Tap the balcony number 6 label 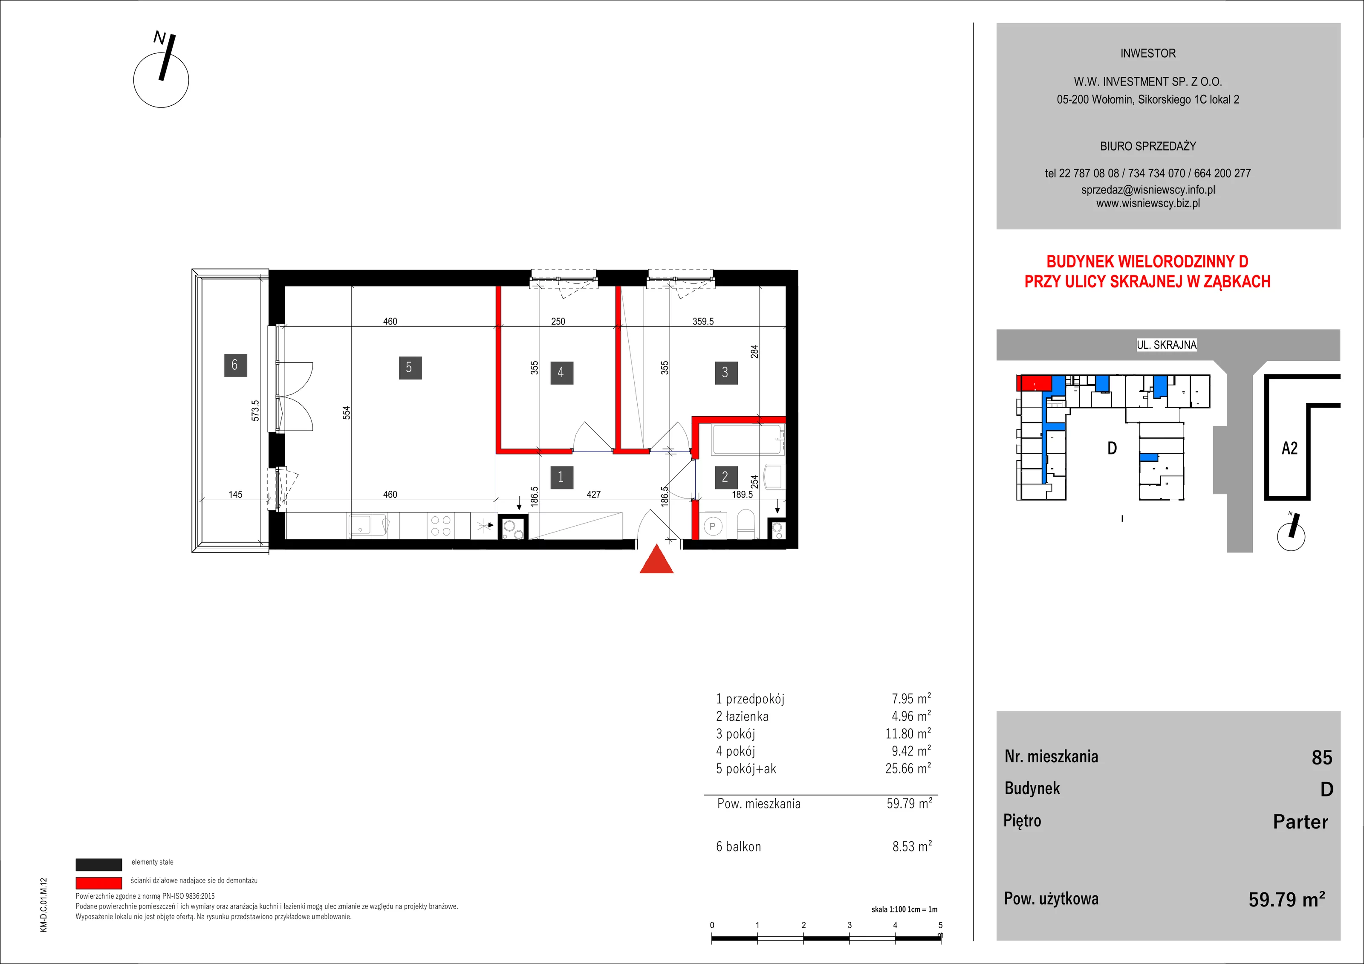pyautogui.click(x=235, y=365)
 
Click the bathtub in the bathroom pyautogui.click(x=747, y=440)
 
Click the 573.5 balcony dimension pyautogui.click(x=255, y=411)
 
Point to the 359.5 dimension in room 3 pyautogui.click(x=703, y=321)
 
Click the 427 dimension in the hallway pyautogui.click(x=593, y=495)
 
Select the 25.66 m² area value pyautogui.click(x=908, y=768)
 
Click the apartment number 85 pyautogui.click(x=1322, y=758)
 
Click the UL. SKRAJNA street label pyautogui.click(x=1167, y=344)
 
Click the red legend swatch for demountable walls pyautogui.click(x=98, y=883)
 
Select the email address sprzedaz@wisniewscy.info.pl pyautogui.click(x=1148, y=190)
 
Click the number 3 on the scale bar pyautogui.click(x=850, y=925)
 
